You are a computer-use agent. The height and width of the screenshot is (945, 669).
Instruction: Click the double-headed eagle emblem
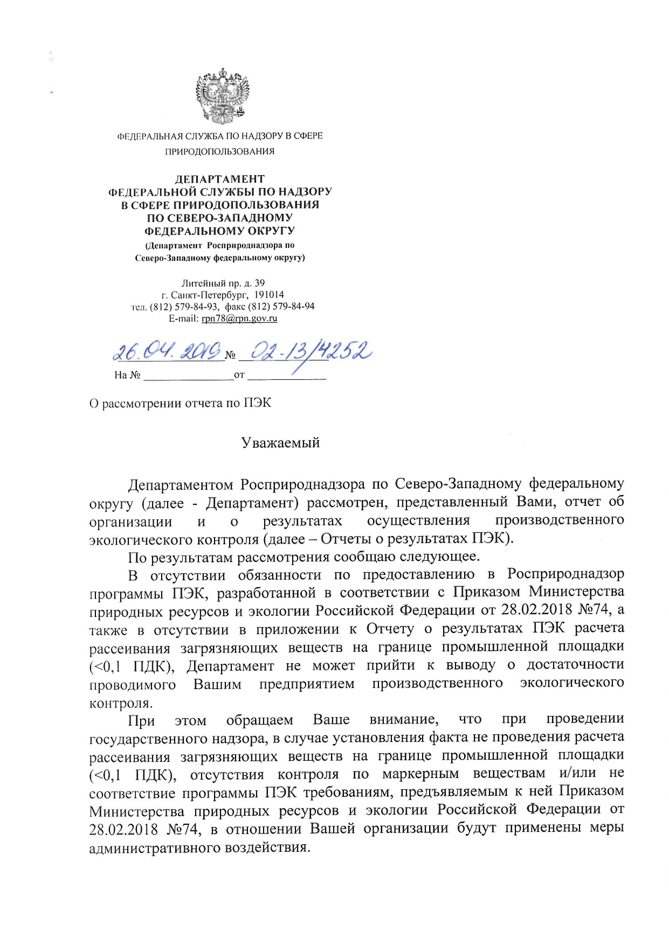point(223,96)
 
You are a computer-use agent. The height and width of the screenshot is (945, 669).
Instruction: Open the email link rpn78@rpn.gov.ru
point(239,318)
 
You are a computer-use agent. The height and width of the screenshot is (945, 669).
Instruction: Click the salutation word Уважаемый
point(280,443)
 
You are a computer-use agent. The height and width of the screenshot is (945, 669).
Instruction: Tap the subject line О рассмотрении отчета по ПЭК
point(180,404)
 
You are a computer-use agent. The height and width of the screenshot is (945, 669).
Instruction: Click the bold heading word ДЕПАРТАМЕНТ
point(220,179)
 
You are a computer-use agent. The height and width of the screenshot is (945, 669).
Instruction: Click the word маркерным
point(420,774)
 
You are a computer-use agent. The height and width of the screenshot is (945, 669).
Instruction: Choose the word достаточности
point(575,665)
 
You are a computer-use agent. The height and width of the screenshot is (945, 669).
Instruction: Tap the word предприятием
point(307,684)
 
